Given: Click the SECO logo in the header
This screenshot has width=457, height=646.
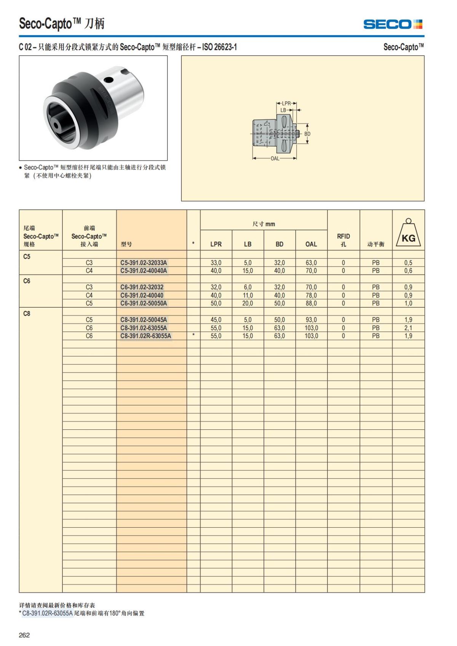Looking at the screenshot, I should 393,24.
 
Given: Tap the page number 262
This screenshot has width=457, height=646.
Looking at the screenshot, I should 24,635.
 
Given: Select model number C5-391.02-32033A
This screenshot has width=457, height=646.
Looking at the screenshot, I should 144,263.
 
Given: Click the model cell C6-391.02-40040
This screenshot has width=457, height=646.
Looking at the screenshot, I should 142,295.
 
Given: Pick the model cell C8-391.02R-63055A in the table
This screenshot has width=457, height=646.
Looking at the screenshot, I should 145,336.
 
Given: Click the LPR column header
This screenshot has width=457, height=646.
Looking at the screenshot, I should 216,244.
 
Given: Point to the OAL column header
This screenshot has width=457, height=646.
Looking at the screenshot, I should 311,244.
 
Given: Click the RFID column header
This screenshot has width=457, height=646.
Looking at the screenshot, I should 343,240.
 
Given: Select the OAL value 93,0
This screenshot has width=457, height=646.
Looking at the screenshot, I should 311,320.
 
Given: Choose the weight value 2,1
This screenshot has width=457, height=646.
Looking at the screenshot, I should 408,328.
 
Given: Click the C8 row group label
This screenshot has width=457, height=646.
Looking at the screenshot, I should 27,314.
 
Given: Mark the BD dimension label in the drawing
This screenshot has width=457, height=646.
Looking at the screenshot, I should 307,134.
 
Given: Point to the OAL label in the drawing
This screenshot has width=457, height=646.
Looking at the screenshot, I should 275,158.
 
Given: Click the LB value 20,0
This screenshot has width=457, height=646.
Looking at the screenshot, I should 248,303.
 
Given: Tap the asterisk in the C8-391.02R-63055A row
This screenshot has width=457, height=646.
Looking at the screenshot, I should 193,335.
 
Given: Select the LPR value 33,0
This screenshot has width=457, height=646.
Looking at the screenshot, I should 216,263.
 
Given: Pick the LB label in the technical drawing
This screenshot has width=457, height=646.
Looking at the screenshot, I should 283,110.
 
